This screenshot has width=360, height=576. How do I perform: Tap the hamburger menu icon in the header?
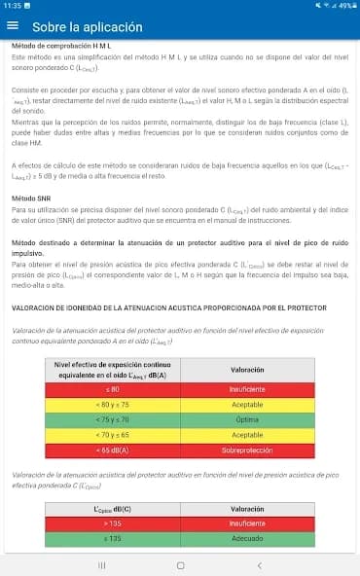click(13, 26)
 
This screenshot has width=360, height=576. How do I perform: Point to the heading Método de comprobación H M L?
click(60, 46)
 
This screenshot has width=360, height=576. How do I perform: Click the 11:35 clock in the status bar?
click(12, 6)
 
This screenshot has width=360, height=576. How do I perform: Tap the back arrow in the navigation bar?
click(259, 564)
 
